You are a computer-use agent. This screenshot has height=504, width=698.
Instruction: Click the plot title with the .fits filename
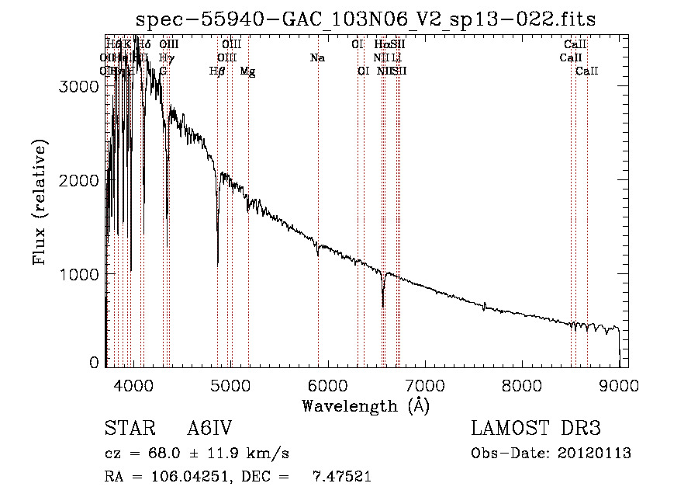(x=365, y=19)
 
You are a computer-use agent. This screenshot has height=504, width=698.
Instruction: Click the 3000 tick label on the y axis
(x=78, y=87)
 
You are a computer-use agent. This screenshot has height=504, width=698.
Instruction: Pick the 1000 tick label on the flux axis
(x=78, y=274)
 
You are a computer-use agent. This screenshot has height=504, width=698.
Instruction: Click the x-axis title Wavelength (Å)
(x=365, y=405)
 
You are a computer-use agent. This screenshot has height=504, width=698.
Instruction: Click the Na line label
(x=317, y=58)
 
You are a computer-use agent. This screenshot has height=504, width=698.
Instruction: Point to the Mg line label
(x=247, y=71)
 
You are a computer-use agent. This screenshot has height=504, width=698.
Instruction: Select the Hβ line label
(x=217, y=71)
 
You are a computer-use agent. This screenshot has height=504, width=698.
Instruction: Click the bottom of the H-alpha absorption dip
(x=383, y=305)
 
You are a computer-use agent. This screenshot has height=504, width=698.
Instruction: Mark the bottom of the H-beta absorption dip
(x=217, y=264)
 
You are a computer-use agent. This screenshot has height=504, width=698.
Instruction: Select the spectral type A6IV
(x=210, y=429)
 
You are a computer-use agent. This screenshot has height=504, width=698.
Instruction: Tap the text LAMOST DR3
(x=536, y=429)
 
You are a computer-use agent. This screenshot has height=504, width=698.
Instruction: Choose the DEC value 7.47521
(x=345, y=477)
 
